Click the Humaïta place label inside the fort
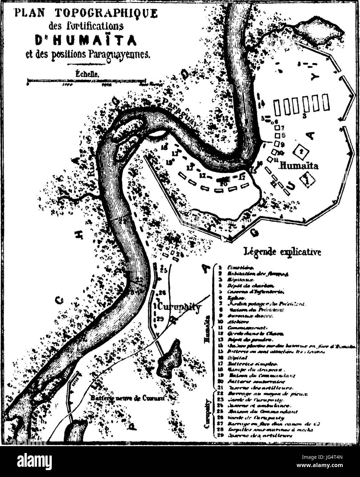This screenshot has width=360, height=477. pos(299,166)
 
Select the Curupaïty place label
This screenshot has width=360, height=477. pos(179,306)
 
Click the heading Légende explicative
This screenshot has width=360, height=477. pos(282,252)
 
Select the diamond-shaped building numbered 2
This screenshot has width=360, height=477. pos(301,151)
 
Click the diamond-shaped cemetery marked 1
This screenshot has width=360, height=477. pos(308,179)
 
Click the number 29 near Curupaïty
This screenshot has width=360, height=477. pos(160,319)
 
